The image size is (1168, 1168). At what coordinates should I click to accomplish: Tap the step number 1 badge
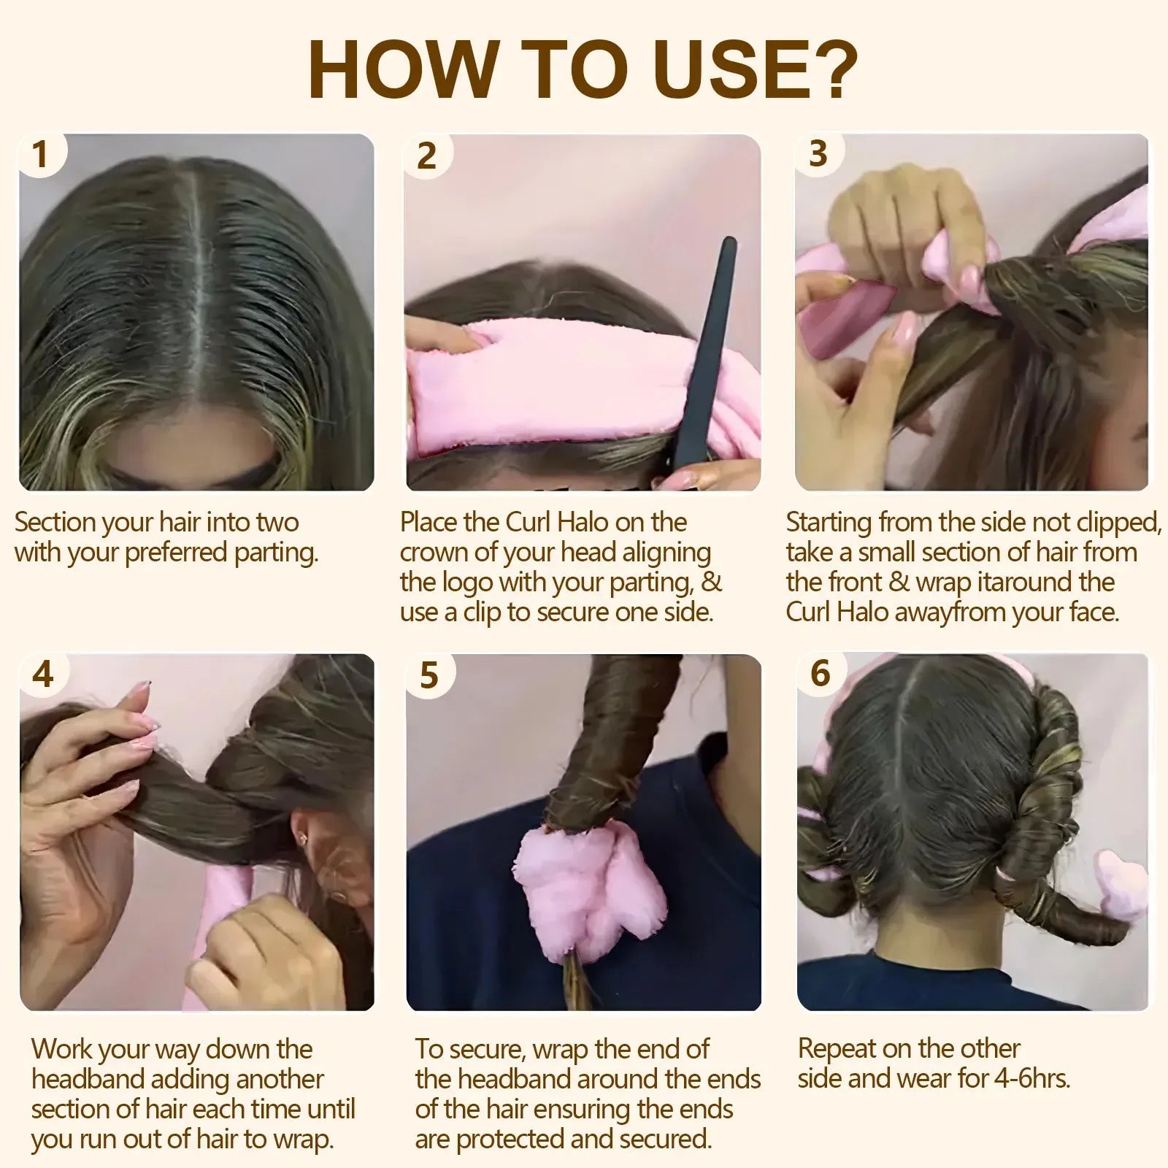coord(40,155)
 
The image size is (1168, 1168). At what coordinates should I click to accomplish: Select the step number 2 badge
coord(427,156)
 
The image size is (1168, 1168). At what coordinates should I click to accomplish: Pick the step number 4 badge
coord(43,674)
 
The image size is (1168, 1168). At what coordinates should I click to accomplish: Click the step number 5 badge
coord(429,675)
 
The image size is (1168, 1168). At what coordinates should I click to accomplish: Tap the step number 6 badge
coord(821,673)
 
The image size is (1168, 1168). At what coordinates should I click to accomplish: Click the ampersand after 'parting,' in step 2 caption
coord(712,583)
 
